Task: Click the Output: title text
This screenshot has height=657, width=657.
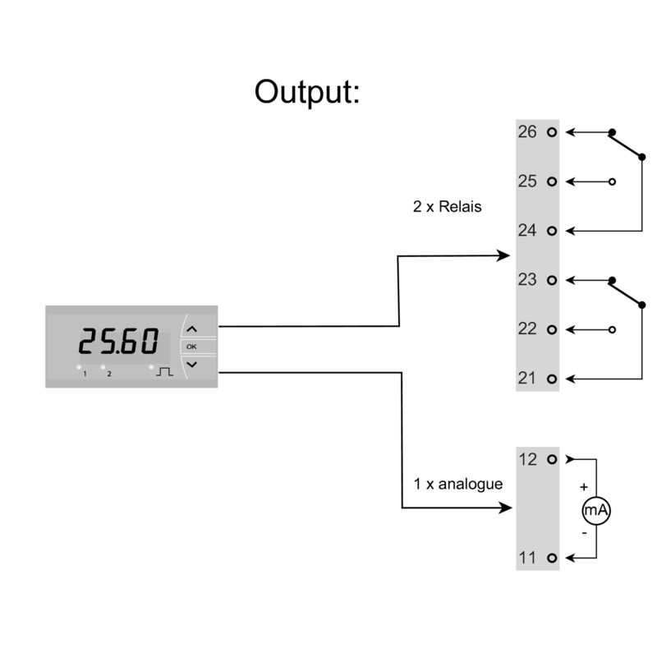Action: pyautogui.click(x=307, y=91)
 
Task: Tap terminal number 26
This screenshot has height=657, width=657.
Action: pyautogui.click(x=527, y=131)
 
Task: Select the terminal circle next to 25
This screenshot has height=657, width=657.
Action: pyautogui.click(x=551, y=181)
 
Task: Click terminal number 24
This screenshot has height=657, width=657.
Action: pyautogui.click(x=527, y=230)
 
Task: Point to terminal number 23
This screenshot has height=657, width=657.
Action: pyautogui.click(x=527, y=279)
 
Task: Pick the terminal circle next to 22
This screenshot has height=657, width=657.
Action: pyautogui.click(x=551, y=329)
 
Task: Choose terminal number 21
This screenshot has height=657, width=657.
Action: pyautogui.click(x=527, y=378)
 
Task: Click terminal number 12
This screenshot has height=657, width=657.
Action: pyautogui.click(x=527, y=459)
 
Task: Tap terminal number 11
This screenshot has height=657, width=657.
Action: pyautogui.click(x=527, y=558)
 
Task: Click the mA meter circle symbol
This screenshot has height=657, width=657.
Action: pyautogui.click(x=596, y=511)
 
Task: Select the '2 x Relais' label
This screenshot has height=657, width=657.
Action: pyautogui.click(x=447, y=207)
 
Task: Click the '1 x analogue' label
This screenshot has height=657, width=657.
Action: pyautogui.click(x=457, y=484)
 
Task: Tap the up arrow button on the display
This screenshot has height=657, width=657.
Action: pyautogui.click(x=192, y=328)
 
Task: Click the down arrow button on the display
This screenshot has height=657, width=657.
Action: pyautogui.click(x=192, y=363)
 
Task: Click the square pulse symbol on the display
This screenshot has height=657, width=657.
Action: pyautogui.click(x=166, y=371)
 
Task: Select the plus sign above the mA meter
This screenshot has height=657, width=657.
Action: pyautogui.click(x=584, y=487)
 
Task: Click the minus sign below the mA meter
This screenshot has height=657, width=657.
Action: pyautogui.click(x=584, y=533)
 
